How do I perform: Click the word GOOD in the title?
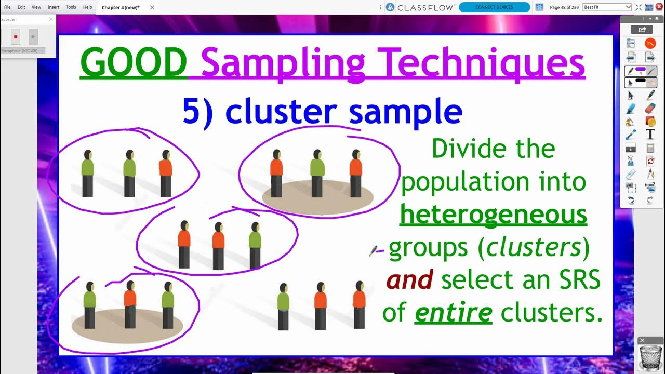click(134, 62)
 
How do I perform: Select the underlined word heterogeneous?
click(493, 214)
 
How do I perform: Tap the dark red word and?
click(409, 280)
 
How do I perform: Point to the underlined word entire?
click(453, 313)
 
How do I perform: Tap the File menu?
click(7, 7)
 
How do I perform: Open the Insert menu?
click(53, 7)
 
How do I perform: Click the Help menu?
click(87, 7)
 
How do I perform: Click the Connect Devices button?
click(494, 7)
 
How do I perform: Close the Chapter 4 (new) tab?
click(152, 7)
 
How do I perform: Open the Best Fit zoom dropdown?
click(607, 7)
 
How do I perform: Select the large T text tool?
click(650, 135)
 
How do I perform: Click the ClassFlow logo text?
click(426, 7)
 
